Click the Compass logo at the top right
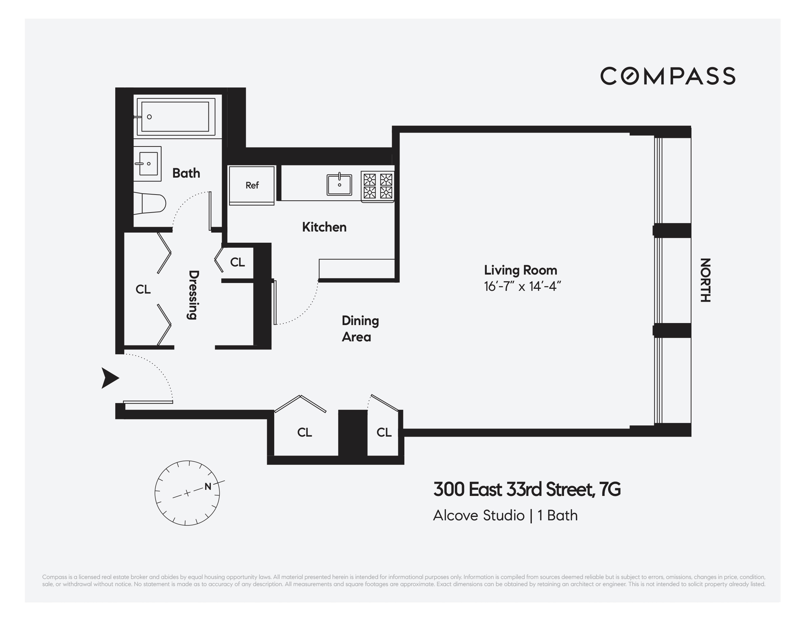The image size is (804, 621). click(667, 76)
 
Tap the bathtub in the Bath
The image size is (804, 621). click(175, 117)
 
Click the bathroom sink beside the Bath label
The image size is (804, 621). click(148, 164)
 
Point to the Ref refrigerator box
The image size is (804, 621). click(252, 185)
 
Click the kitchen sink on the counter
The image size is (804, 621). click(339, 185)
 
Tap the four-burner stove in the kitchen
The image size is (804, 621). click(378, 186)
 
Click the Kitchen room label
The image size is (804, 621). click(324, 227)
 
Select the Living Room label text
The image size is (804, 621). click(520, 270)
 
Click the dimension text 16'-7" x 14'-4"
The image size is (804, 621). click(522, 286)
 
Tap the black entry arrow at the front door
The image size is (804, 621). click(110, 378)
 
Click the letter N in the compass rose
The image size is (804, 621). click(208, 486)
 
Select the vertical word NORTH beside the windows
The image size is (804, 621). click(705, 280)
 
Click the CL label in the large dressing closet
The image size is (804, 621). click(143, 289)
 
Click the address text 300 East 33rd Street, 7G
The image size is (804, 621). click(527, 489)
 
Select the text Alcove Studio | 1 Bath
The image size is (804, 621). click(505, 515)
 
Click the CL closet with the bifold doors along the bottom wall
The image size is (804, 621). click(304, 432)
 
